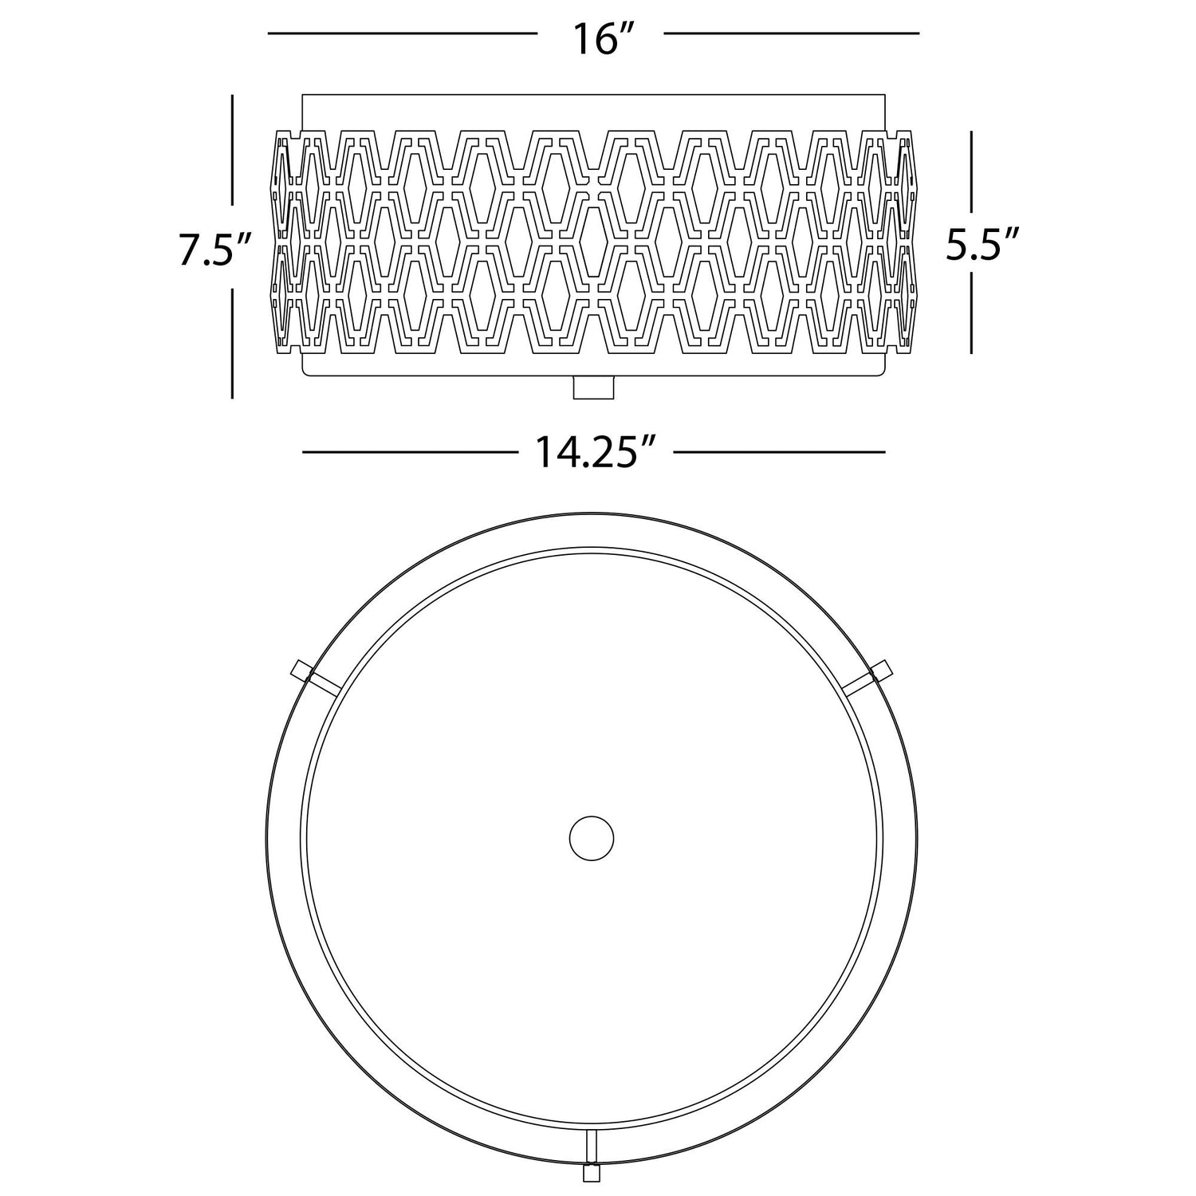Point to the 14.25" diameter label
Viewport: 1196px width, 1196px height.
[x=596, y=453]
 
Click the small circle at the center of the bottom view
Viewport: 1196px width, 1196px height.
[x=592, y=838]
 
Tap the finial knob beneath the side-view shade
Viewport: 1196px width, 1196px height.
[x=594, y=387]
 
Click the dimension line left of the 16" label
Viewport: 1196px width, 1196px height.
[x=403, y=33]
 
